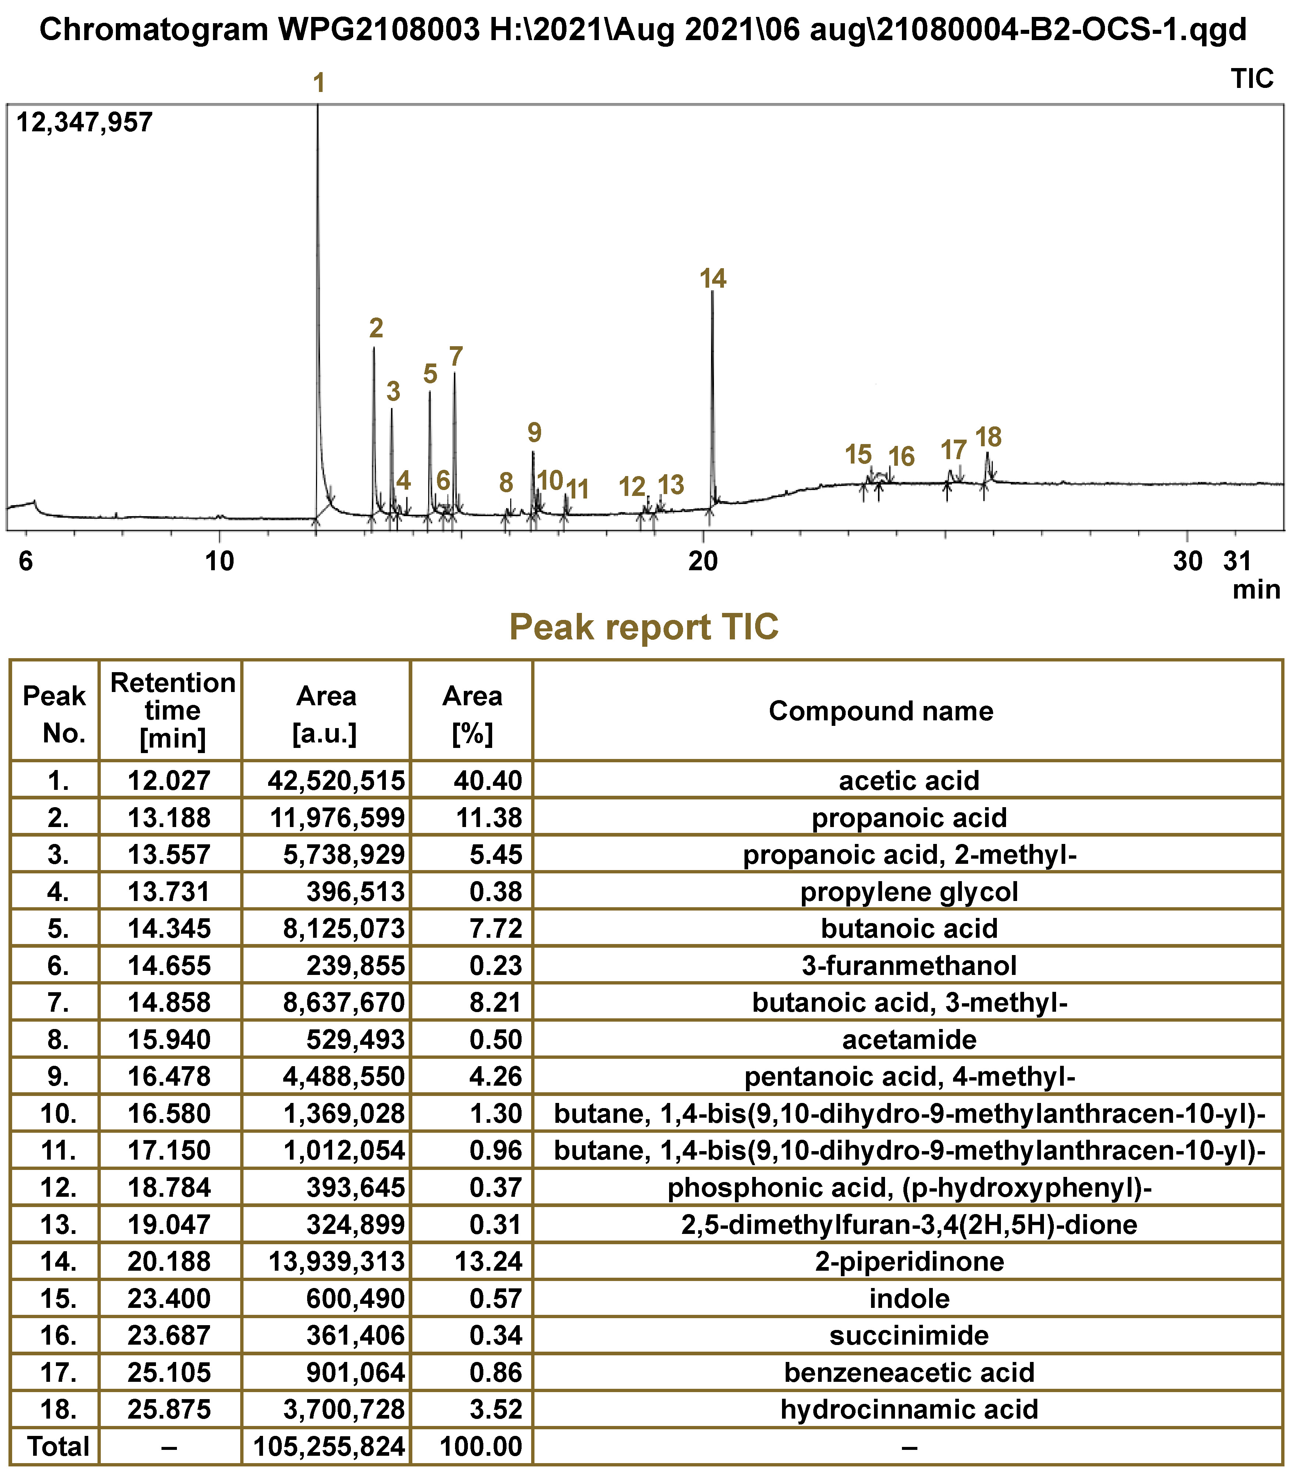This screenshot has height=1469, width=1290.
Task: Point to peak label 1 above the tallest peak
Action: pyautogui.click(x=319, y=84)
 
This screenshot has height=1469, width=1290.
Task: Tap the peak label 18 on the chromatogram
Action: pyautogui.click(x=988, y=437)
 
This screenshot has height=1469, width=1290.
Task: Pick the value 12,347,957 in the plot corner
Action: pyautogui.click(x=84, y=122)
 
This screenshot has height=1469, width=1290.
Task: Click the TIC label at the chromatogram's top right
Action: pyautogui.click(x=1252, y=78)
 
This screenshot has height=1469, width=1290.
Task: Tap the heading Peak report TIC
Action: pyautogui.click(x=644, y=627)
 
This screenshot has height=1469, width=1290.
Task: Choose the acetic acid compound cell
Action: pyautogui.click(x=909, y=781)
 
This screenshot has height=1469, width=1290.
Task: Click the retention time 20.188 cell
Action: pyautogui.click(x=170, y=1261)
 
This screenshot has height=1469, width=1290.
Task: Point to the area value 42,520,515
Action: pyautogui.click(x=335, y=781)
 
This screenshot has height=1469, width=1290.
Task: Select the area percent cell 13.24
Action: pyautogui.click(x=488, y=1261)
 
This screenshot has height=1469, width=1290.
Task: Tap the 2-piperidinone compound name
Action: pyautogui.click(x=909, y=1261)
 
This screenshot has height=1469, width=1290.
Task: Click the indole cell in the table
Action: pyautogui.click(x=909, y=1299)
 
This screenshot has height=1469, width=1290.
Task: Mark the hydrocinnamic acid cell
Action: pyautogui.click(x=909, y=1409)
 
